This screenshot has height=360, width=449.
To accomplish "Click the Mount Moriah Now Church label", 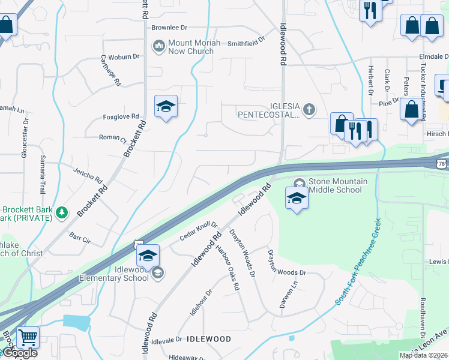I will [x=191, y=47].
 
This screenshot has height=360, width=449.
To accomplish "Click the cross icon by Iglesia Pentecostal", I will [x=309, y=109].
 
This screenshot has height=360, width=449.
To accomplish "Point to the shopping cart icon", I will [x=28, y=337].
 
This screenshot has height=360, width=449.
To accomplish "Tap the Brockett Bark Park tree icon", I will [x=61, y=212].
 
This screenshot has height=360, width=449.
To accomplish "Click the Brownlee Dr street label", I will [x=169, y=28].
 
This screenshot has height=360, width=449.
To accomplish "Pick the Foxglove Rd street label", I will [x=121, y=116].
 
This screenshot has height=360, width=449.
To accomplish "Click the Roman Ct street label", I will [x=112, y=137].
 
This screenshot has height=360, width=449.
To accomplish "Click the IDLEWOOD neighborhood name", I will [x=209, y=339].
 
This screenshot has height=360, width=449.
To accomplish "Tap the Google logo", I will [x=19, y=353].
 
